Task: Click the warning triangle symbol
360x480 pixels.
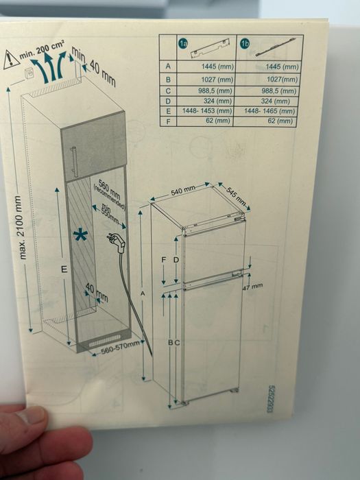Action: point(11,60)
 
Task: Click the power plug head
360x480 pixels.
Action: point(117,242)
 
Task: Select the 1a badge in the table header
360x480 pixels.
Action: point(183,44)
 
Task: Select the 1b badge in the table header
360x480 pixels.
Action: point(245,44)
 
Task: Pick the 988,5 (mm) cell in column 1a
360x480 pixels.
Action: point(217,91)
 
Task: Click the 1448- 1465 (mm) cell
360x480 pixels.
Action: point(269,110)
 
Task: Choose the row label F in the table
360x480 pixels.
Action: point(168,121)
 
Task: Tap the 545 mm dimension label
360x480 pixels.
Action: point(237,196)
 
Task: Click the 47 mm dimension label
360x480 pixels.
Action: point(252,287)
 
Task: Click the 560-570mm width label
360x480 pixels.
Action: point(121,348)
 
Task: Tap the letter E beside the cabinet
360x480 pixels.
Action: point(64,269)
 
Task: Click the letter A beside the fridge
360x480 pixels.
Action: point(143,294)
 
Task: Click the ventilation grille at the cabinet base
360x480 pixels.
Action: point(105,340)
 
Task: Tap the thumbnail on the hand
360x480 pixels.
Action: point(32,415)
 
